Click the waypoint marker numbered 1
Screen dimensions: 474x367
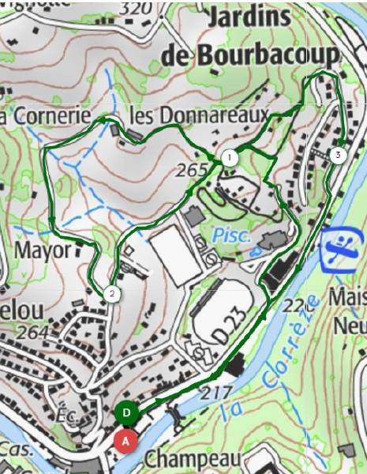[x=229, y=158]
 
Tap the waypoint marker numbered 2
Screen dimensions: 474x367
[x=112, y=295]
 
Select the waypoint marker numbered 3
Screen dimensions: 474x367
[x=338, y=155]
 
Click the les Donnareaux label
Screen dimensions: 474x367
[x=198, y=115]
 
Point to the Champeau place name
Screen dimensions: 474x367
[x=193, y=459]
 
